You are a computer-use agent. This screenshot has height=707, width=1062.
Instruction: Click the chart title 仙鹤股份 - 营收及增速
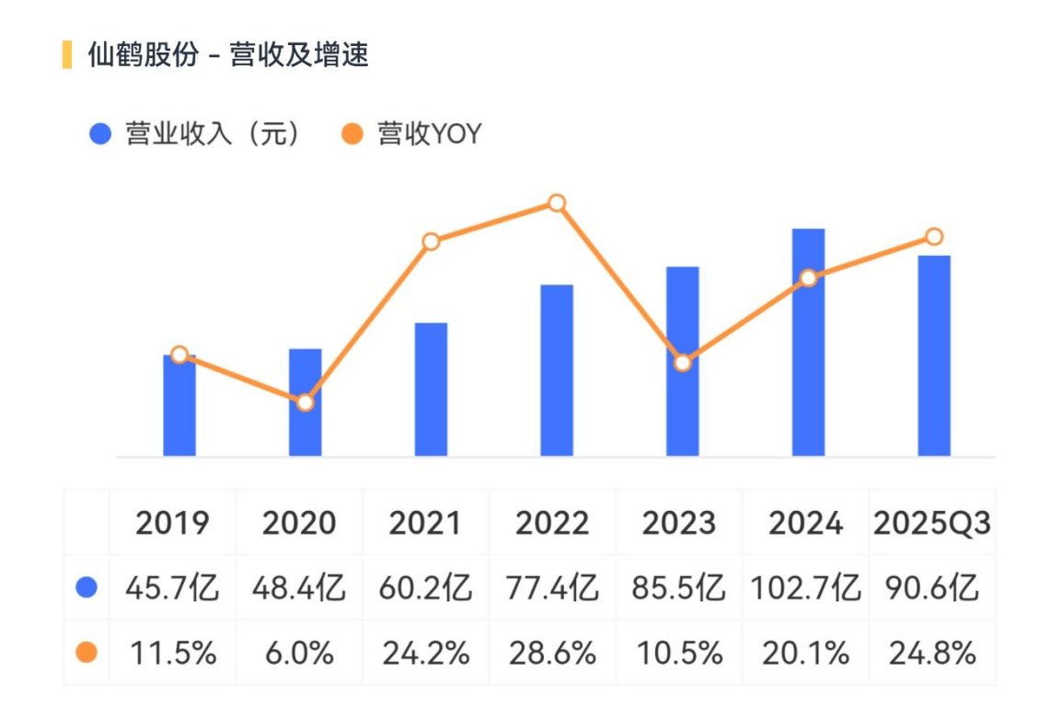click(228, 55)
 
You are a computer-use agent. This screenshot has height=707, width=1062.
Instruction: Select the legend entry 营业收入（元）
click(195, 133)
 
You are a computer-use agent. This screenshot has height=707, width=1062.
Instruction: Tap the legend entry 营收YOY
click(411, 133)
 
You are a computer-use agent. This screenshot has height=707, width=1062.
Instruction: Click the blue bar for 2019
click(179, 406)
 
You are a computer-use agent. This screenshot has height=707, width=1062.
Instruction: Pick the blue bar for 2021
click(431, 389)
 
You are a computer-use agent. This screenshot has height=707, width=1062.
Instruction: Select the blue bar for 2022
click(557, 370)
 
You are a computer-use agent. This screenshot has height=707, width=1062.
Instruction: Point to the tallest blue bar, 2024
click(809, 342)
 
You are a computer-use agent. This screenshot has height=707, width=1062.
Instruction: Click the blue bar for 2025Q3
click(934, 356)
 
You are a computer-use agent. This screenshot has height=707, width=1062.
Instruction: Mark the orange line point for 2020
click(306, 403)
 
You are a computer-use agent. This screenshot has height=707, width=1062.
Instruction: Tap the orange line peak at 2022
click(557, 203)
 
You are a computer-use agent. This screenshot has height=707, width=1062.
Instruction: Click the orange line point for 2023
click(683, 364)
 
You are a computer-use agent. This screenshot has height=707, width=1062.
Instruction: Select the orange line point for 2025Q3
click(934, 237)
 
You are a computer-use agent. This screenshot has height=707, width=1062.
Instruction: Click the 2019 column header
click(172, 523)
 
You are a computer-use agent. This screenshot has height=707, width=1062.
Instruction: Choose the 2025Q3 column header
click(932, 523)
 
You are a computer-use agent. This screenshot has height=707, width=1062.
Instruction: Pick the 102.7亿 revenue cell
click(806, 587)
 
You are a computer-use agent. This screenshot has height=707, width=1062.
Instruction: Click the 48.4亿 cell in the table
click(299, 587)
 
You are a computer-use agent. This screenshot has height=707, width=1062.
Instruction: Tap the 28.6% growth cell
click(552, 654)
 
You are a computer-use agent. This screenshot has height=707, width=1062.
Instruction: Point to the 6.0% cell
click(299, 654)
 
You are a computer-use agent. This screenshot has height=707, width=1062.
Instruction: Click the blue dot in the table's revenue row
click(87, 587)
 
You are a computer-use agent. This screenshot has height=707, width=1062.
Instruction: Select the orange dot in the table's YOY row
click(87, 653)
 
